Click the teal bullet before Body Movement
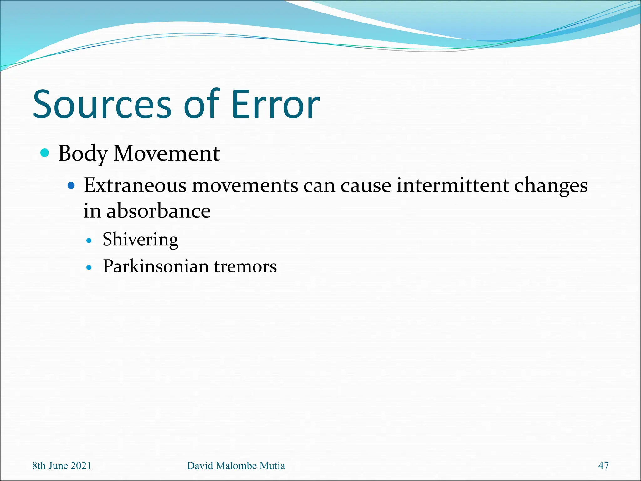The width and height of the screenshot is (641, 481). [45, 153]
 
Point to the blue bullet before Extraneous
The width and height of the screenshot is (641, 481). [71, 185]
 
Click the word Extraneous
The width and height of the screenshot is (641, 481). [135, 185]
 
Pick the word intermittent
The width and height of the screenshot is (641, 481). [453, 185]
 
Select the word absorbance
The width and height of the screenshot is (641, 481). [158, 211]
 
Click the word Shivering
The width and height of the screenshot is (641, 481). [141, 240]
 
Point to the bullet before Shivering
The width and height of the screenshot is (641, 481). [89, 241]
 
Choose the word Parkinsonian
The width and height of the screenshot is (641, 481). [156, 266]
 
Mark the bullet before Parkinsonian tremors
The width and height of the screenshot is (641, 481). [89, 267]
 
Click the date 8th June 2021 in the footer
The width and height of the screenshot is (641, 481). [62, 466]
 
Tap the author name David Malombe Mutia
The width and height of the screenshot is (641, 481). [236, 466]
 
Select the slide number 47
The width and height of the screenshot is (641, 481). [603, 466]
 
